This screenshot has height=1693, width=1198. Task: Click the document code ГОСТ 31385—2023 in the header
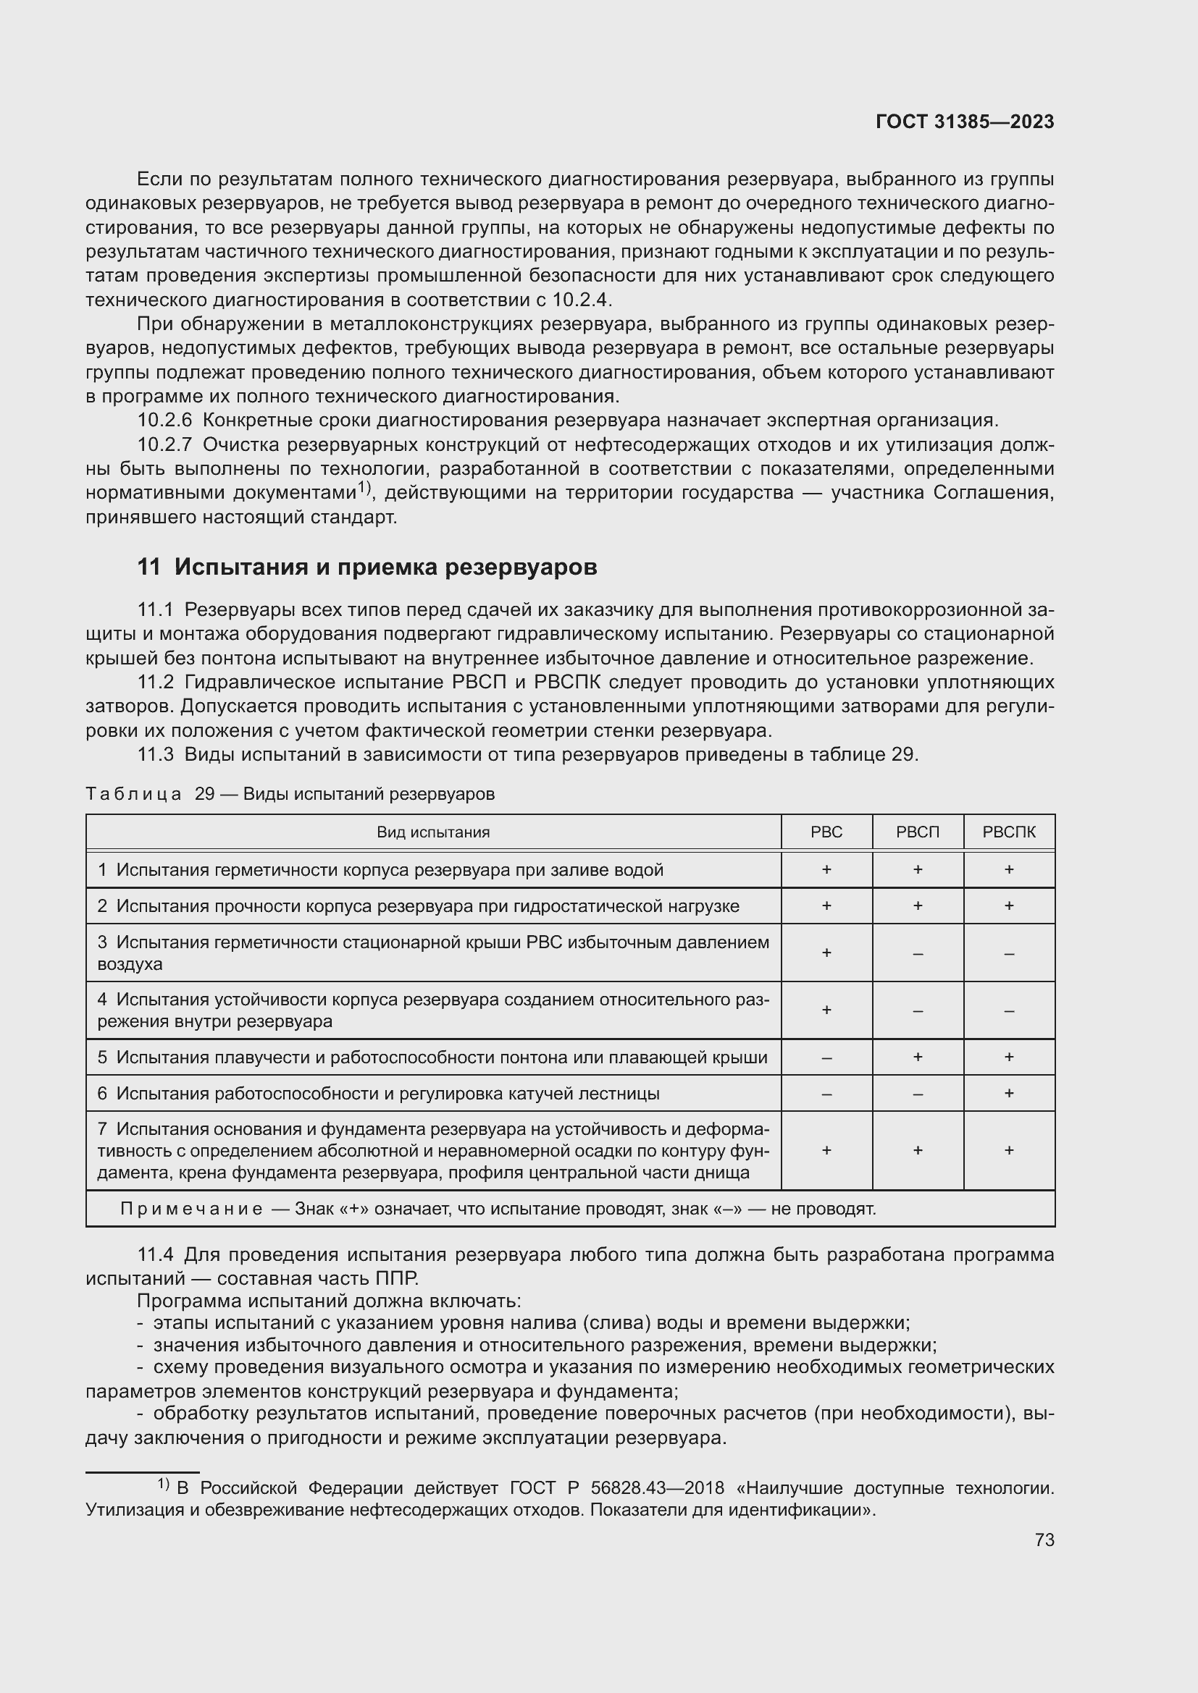tap(964, 122)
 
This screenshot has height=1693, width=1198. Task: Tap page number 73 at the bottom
tap(1044, 1540)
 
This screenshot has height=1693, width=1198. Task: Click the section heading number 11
tap(148, 567)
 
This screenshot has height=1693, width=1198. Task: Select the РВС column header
tap(826, 832)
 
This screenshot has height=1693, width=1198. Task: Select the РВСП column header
tap(918, 832)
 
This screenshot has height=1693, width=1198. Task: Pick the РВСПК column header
tap(1008, 832)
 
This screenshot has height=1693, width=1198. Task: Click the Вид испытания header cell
tap(433, 832)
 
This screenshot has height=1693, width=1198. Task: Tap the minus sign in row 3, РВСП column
tap(918, 953)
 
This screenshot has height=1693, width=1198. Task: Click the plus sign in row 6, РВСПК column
tap(1008, 1093)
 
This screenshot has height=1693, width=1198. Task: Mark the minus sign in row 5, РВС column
tap(826, 1057)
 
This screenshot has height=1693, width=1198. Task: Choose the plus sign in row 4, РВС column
tap(826, 1010)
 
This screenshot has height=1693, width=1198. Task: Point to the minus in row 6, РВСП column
tap(918, 1094)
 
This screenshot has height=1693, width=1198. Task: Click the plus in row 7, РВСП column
tap(918, 1150)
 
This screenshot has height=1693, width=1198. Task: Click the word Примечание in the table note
tap(191, 1209)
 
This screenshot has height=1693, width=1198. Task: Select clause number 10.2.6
tap(164, 421)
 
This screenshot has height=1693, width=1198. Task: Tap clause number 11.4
tap(155, 1254)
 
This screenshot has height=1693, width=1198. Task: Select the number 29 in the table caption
tap(204, 794)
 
